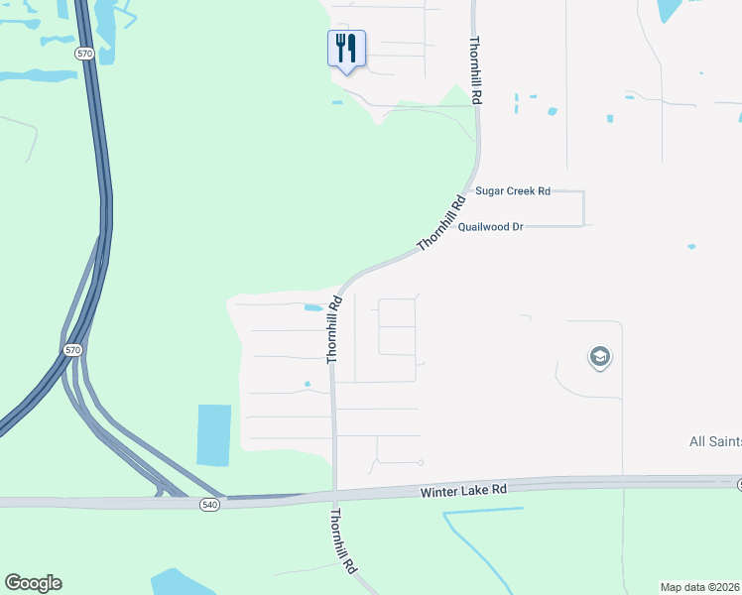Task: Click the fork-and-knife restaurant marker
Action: [x=346, y=48]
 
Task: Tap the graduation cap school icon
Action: [x=599, y=357]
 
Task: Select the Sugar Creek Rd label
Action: [x=512, y=190]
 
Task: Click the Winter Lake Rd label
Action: [x=463, y=490]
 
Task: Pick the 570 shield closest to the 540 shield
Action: [x=72, y=350]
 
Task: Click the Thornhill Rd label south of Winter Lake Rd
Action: [x=343, y=540]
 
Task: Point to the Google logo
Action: [x=33, y=583]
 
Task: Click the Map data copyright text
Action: [x=699, y=587]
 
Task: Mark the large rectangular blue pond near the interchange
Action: [x=214, y=434]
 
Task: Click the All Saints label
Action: [x=714, y=441]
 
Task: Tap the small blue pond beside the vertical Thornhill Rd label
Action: [x=312, y=307]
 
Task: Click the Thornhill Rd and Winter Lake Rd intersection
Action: [x=335, y=493]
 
